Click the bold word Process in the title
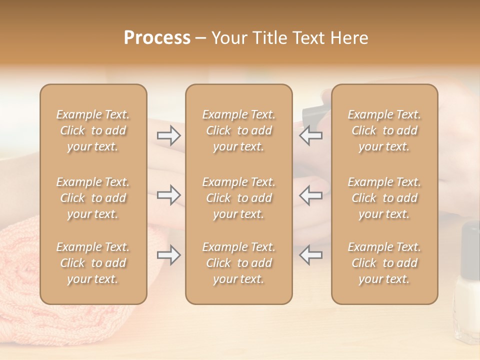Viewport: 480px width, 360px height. tap(157, 38)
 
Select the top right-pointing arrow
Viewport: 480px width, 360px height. tap(169, 135)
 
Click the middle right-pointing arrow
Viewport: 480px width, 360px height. tap(169, 195)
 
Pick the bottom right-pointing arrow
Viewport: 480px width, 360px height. tap(169, 255)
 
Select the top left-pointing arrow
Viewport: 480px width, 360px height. tap(311, 135)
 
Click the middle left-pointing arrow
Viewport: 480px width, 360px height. tap(311, 195)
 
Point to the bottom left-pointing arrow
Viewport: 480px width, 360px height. tap(311, 255)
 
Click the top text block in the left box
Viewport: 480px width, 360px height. tap(93, 130)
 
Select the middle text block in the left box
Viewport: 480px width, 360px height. tap(93, 198)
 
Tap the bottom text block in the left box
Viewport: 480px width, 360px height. tap(93, 263)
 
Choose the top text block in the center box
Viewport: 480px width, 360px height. tap(238, 130)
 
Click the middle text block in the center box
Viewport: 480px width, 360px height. tap(238, 198)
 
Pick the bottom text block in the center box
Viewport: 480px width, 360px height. tap(238, 263)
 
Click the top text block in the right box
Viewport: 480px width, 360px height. tap(384, 130)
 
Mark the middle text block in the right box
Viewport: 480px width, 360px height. tap(384, 198)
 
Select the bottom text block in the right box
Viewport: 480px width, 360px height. tap(384, 263)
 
